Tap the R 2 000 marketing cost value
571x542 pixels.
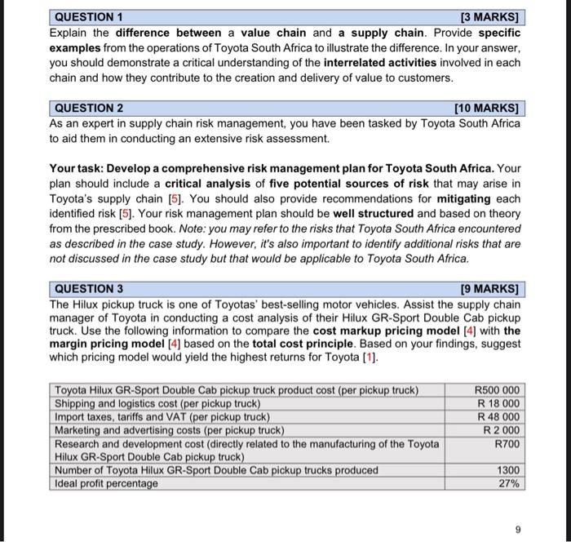pyautogui.click(x=502, y=430)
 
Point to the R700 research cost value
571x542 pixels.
pyautogui.click(x=507, y=443)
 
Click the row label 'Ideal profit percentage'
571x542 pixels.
pyautogui.click(x=106, y=483)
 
